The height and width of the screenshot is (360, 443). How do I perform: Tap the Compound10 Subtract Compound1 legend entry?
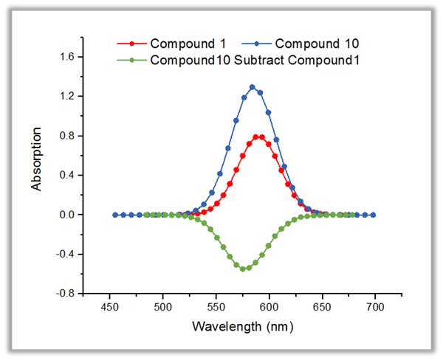pyautogui.click(x=238, y=60)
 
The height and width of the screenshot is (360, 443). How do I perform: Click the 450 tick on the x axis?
pyautogui.click(x=109, y=307)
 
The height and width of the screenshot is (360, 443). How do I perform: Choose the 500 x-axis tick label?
pyautogui.click(x=162, y=307)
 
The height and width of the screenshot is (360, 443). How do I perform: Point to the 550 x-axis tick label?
pyautogui.click(x=216, y=307)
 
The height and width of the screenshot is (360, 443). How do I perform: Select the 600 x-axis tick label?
pyautogui.click(x=269, y=307)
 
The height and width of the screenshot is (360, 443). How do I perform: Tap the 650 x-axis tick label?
pyautogui.click(x=322, y=307)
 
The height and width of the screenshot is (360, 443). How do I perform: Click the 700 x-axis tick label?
pyautogui.click(x=375, y=307)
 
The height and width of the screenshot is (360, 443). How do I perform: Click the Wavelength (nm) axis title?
pyautogui.click(x=242, y=325)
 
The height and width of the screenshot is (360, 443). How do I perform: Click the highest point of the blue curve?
pyautogui.click(x=253, y=87)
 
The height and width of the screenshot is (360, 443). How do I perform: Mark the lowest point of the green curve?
pyautogui.click(x=243, y=269)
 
